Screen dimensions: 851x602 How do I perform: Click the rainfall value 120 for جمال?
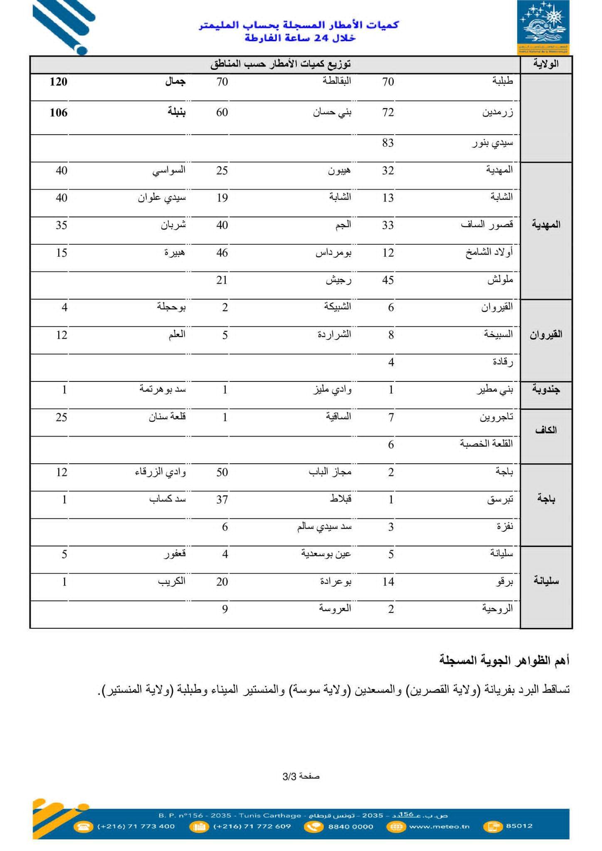pyautogui.click(x=58, y=81)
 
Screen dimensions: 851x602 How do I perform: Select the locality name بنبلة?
pyautogui.click(x=177, y=112)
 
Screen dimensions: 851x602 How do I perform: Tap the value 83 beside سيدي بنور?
pyautogui.click(x=388, y=143)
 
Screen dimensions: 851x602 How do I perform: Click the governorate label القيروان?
pyautogui.click(x=546, y=334)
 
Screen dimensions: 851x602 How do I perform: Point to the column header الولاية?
pyautogui.click(x=546, y=64)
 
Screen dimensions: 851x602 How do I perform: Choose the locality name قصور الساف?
pyautogui.click(x=487, y=225)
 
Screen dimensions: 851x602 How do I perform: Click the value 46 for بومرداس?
pyautogui.click(x=222, y=253)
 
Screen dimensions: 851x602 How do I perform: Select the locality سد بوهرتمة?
pyautogui.click(x=163, y=390)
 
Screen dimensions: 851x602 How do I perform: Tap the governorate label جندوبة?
pyautogui.click(x=546, y=390)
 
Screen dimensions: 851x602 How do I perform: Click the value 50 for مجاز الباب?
pyautogui.click(x=222, y=472)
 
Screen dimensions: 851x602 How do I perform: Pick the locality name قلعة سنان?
pyautogui.click(x=167, y=417)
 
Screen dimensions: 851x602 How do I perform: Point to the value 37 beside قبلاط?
pyautogui.click(x=222, y=499)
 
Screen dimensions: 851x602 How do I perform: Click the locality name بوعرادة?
pyautogui.click(x=336, y=582)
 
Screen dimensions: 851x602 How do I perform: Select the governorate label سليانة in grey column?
pyautogui.click(x=546, y=581)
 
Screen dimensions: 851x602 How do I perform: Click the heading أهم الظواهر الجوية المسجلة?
pyautogui.click(x=504, y=660)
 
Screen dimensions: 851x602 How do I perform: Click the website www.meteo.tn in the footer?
pyautogui.click(x=439, y=826)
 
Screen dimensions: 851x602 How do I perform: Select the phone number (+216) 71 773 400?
pyautogui.click(x=136, y=826)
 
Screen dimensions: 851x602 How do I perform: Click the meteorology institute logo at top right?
pyautogui.click(x=543, y=27)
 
